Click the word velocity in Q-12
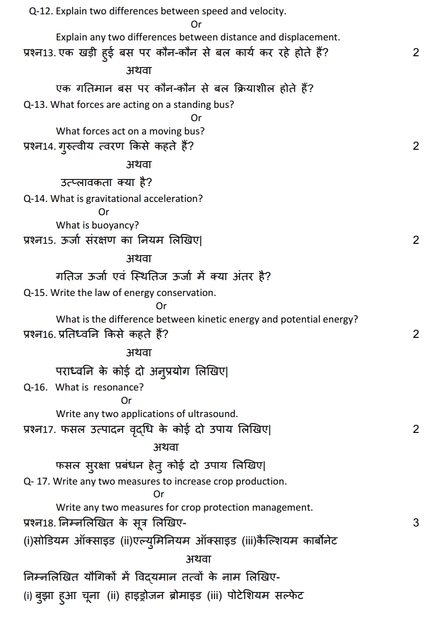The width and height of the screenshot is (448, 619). pyautogui.click(x=268, y=11)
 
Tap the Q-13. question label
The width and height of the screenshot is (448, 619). pyautogui.click(x=36, y=105)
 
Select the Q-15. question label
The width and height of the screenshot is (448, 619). pyautogui.click(x=36, y=293)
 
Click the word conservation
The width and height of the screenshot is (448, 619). pyautogui.click(x=186, y=293)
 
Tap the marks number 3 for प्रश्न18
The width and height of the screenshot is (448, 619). pyautogui.click(x=416, y=522)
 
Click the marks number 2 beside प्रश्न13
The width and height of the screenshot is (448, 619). pyautogui.click(x=416, y=52)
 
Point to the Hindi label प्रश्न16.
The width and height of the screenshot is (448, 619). pyautogui.click(x=39, y=335)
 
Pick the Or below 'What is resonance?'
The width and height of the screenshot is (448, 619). pyautogui.click(x=126, y=401)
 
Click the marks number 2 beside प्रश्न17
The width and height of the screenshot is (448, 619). pyautogui.click(x=416, y=429)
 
